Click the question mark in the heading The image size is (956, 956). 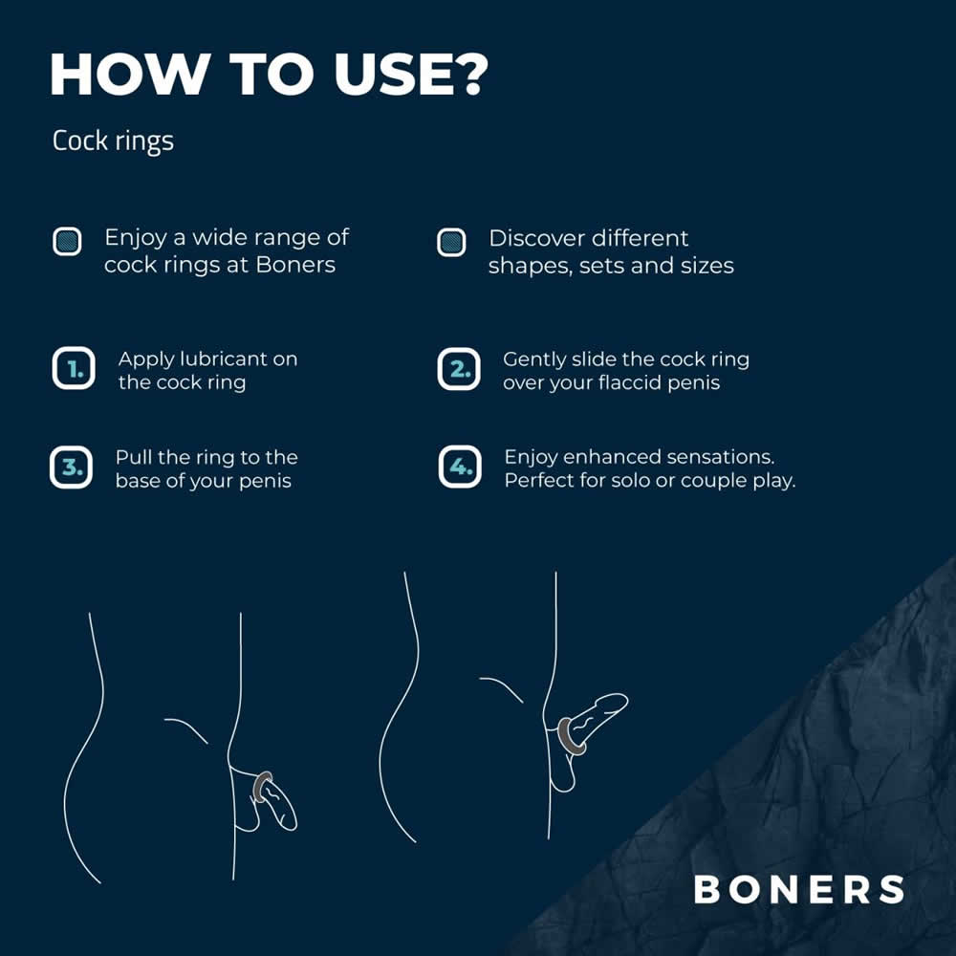point(467,74)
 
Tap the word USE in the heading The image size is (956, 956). point(387,74)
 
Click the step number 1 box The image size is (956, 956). point(74,368)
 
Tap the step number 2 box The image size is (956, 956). point(459,369)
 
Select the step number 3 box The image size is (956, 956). point(72,467)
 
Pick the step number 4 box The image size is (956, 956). point(460,467)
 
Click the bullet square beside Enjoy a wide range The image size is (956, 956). point(67,242)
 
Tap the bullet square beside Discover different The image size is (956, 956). point(452,242)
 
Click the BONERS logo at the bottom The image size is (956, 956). point(798,889)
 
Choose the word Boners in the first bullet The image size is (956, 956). point(295,265)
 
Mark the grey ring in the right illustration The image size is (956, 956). point(571,736)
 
